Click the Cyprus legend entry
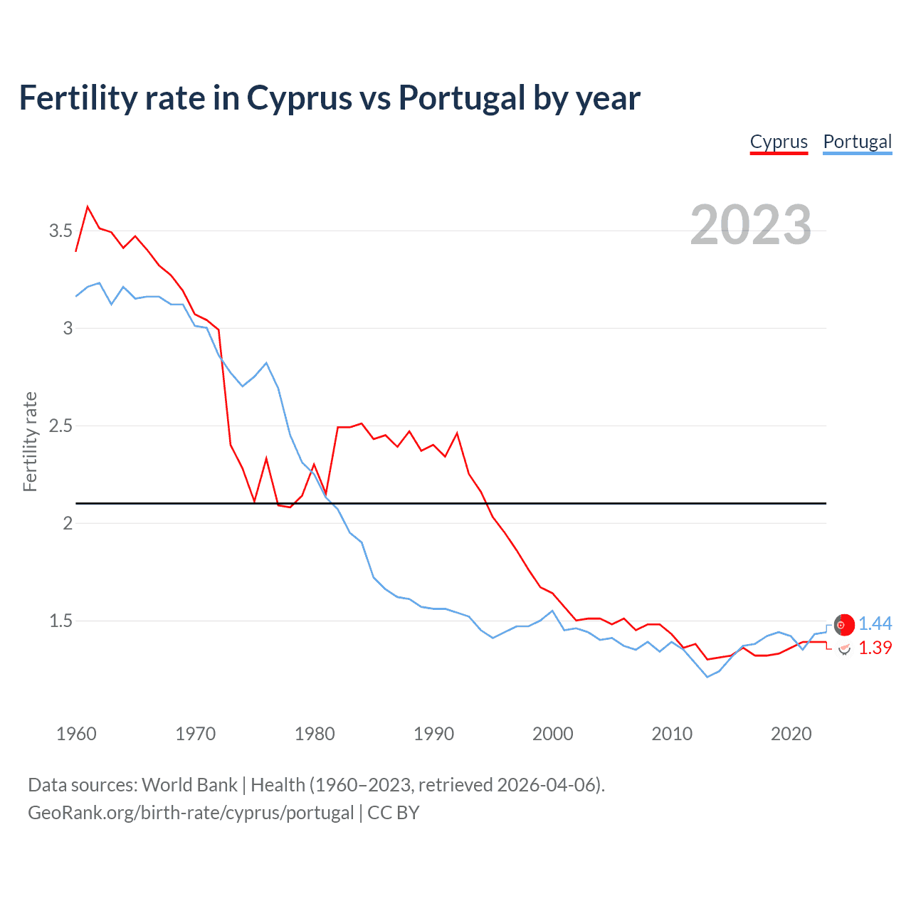(x=779, y=142)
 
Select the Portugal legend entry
(x=857, y=142)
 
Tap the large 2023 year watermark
(x=750, y=225)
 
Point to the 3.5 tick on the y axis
(x=60, y=231)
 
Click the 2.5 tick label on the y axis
(x=60, y=426)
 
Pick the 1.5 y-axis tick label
(x=60, y=621)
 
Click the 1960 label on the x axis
(x=76, y=734)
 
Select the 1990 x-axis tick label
(x=433, y=734)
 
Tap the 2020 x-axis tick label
(x=791, y=734)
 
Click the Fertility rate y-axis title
(x=30, y=441)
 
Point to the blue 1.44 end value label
(x=875, y=623)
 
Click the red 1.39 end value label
(x=875, y=648)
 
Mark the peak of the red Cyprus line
(x=88, y=207)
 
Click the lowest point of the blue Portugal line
(x=707, y=677)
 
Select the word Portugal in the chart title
(x=461, y=98)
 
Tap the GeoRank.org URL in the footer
(x=191, y=812)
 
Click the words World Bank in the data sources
(x=189, y=784)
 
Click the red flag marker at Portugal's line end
(x=844, y=624)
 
